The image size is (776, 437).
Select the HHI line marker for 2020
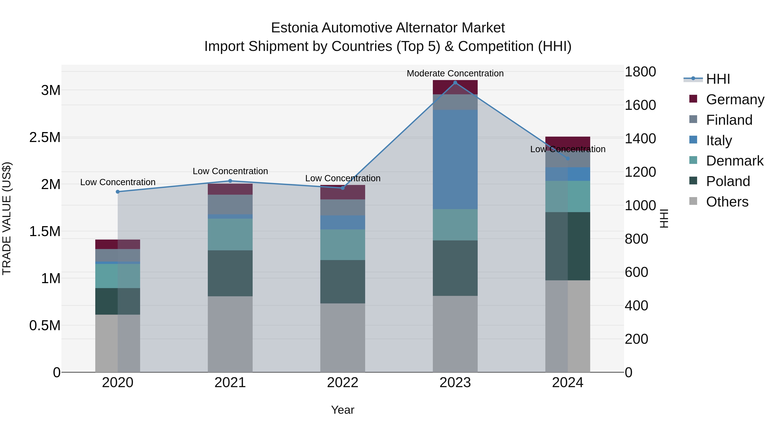(x=118, y=192)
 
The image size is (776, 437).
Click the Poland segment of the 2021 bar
(x=230, y=273)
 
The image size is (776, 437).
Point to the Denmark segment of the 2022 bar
(x=343, y=245)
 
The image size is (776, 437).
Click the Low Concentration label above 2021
(x=230, y=171)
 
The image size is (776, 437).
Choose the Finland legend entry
(x=729, y=120)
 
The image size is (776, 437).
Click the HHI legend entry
(x=718, y=79)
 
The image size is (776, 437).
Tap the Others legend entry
(x=727, y=202)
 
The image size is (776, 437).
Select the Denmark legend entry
(x=734, y=161)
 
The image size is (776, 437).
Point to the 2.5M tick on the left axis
(x=45, y=137)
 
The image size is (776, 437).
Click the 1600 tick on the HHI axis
(x=640, y=105)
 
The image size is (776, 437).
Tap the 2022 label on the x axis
(x=343, y=383)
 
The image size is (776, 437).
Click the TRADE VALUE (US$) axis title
(x=7, y=218)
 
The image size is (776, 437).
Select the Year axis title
(x=343, y=410)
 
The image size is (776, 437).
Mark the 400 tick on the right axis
(x=636, y=306)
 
